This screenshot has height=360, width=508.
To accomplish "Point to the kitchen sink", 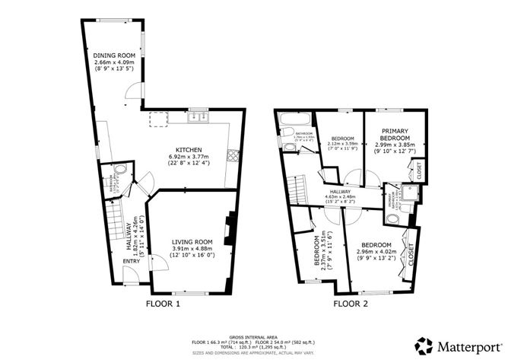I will pyautogui.click(x=198, y=117).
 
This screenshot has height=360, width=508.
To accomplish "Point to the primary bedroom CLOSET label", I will pyautogui.click(x=419, y=170).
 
